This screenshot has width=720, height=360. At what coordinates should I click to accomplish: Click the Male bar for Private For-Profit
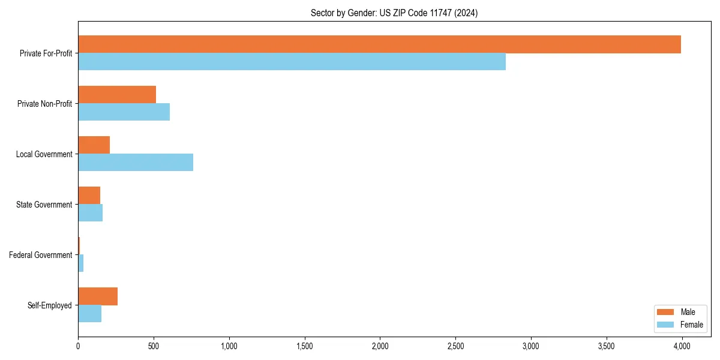point(379,44)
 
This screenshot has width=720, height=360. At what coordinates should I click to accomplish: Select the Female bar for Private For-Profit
point(292,62)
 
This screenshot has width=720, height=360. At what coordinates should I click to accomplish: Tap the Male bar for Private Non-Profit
point(117,95)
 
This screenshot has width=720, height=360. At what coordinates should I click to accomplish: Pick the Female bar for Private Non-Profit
point(124,112)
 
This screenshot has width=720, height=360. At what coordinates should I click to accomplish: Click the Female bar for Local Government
point(136,163)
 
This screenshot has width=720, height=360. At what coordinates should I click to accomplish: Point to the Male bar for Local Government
point(94,145)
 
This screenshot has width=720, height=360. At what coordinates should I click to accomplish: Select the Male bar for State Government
point(89,196)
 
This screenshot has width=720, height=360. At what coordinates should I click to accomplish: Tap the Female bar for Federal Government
point(81,263)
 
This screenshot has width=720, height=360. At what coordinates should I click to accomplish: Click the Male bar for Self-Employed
point(98,296)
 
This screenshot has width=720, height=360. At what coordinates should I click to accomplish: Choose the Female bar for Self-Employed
point(89,314)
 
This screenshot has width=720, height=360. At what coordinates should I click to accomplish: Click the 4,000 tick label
point(682,346)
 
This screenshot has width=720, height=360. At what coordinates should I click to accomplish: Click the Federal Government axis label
point(40,255)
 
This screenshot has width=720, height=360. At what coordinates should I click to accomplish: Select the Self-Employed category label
point(49,305)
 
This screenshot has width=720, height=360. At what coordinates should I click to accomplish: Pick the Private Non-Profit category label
point(44,104)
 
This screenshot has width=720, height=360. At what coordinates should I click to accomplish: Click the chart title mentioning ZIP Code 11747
point(394,13)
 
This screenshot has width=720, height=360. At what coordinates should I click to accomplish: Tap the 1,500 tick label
point(305,346)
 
